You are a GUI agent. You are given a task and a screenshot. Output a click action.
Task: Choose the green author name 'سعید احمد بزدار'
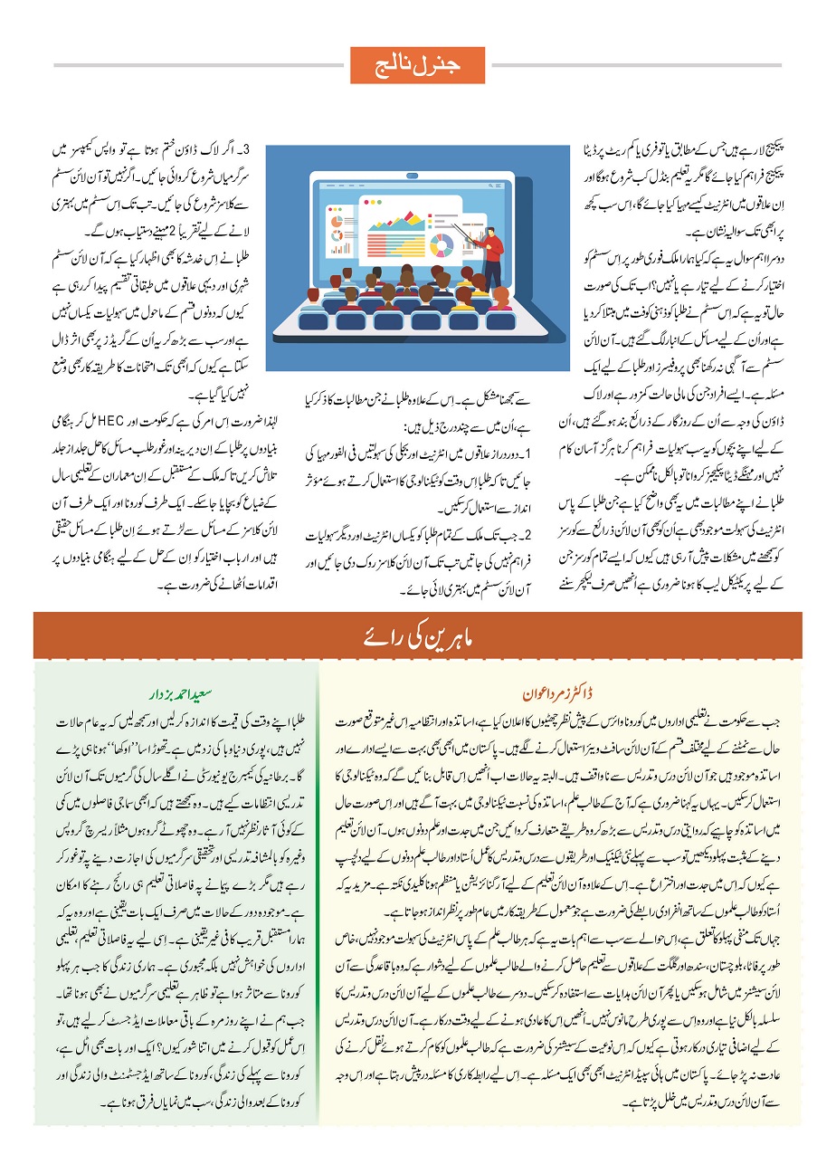click(x=182, y=694)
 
